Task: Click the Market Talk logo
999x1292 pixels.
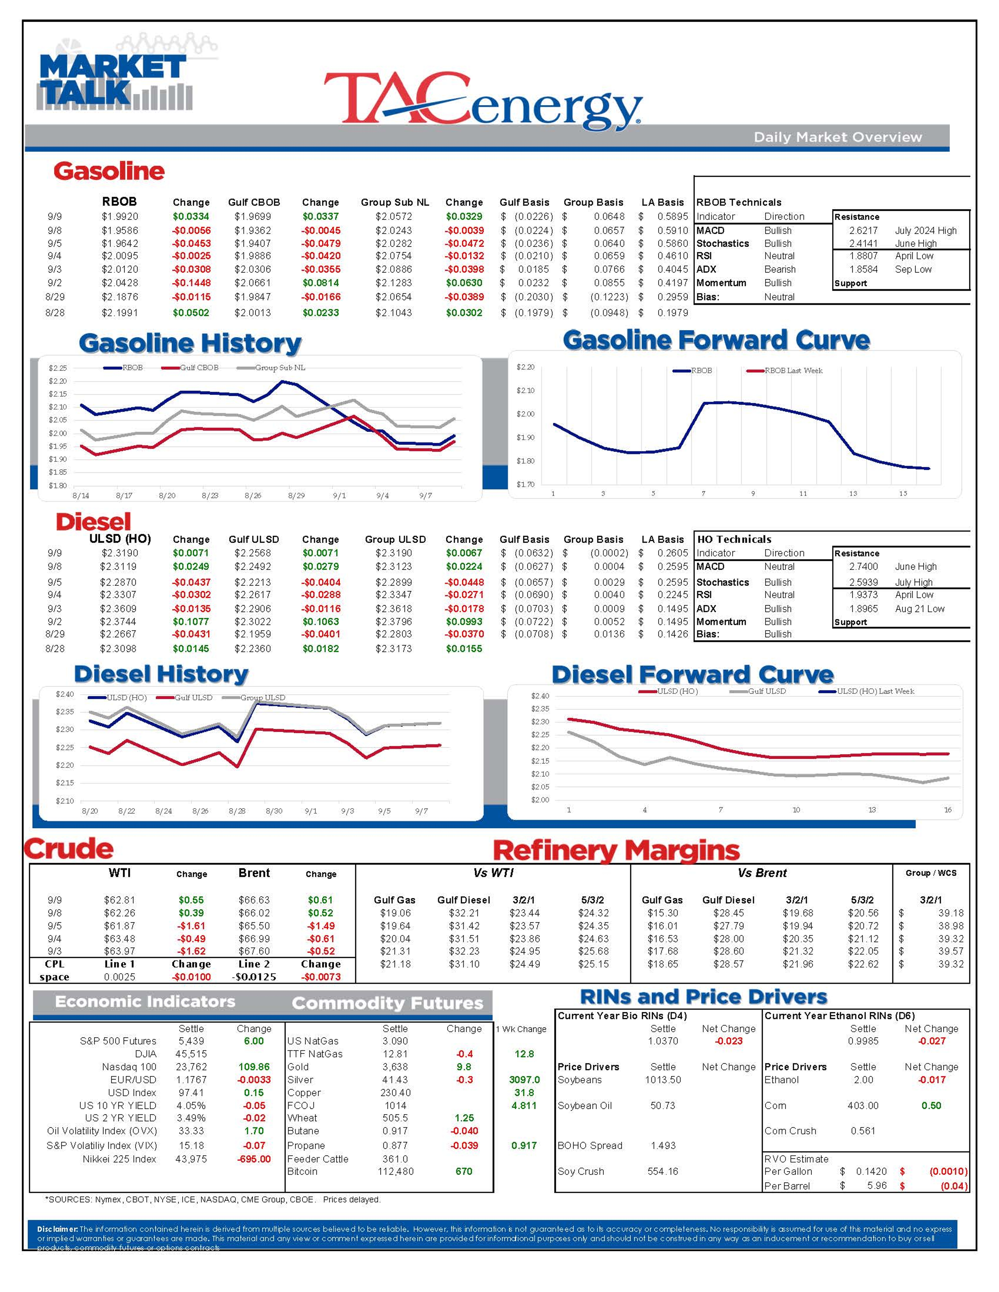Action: coord(114,80)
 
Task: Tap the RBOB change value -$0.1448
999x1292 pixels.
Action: coord(191,283)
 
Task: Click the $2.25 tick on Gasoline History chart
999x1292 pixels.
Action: coord(57,368)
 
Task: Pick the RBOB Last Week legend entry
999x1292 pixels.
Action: coord(793,370)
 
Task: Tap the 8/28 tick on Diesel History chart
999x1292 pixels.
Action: coord(237,811)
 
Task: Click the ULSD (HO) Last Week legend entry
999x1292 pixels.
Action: coord(875,691)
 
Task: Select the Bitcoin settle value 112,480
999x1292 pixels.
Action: coord(395,1171)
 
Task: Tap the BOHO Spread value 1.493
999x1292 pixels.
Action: coord(663,1145)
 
